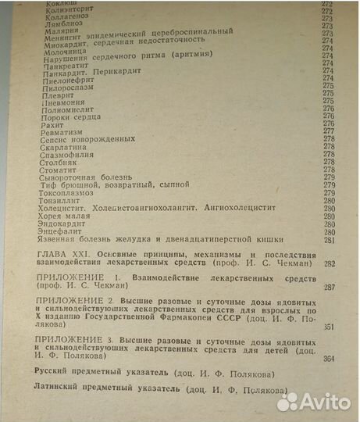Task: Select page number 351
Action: click(x=328, y=327)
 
